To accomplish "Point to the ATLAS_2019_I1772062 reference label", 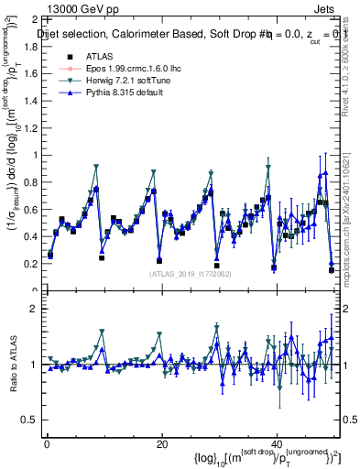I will coord(191,273).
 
